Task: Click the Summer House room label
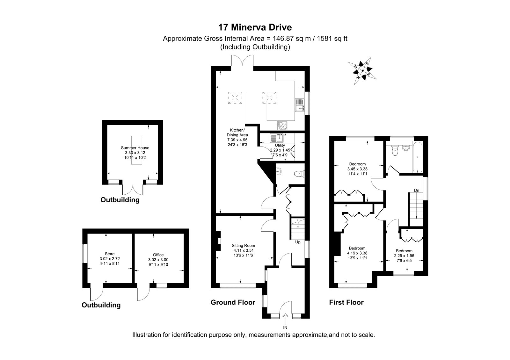pyautogui.click(x=135, y=148)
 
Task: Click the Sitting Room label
pyautogui.click(x=243, y=246)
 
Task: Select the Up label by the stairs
pyautogui.click(x=298, y=242)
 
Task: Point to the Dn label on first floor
pyautogui.click(x=416, y=190)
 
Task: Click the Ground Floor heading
pyautogui.click(x=233, y=302)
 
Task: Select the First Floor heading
pyautogui.click(x=346, y=302)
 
